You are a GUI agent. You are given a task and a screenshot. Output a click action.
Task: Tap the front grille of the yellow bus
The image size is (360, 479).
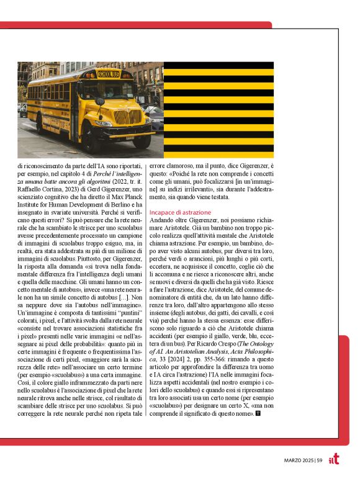128,117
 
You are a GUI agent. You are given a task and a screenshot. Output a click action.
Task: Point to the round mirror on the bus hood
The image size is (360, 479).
100,101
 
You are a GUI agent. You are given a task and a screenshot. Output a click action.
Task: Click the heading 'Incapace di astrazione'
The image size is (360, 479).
180,212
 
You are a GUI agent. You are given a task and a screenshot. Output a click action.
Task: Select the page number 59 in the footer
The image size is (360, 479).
320,459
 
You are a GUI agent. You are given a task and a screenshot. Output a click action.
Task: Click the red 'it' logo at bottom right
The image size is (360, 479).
333,458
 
